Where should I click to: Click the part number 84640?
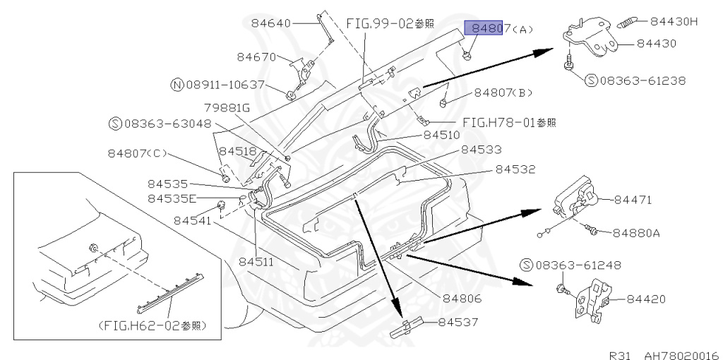(x=271, y=23)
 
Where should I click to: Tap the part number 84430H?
(x=674, y=22)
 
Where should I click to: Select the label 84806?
(x=462, y=299)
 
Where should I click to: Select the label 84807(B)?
(x=503, y=92)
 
